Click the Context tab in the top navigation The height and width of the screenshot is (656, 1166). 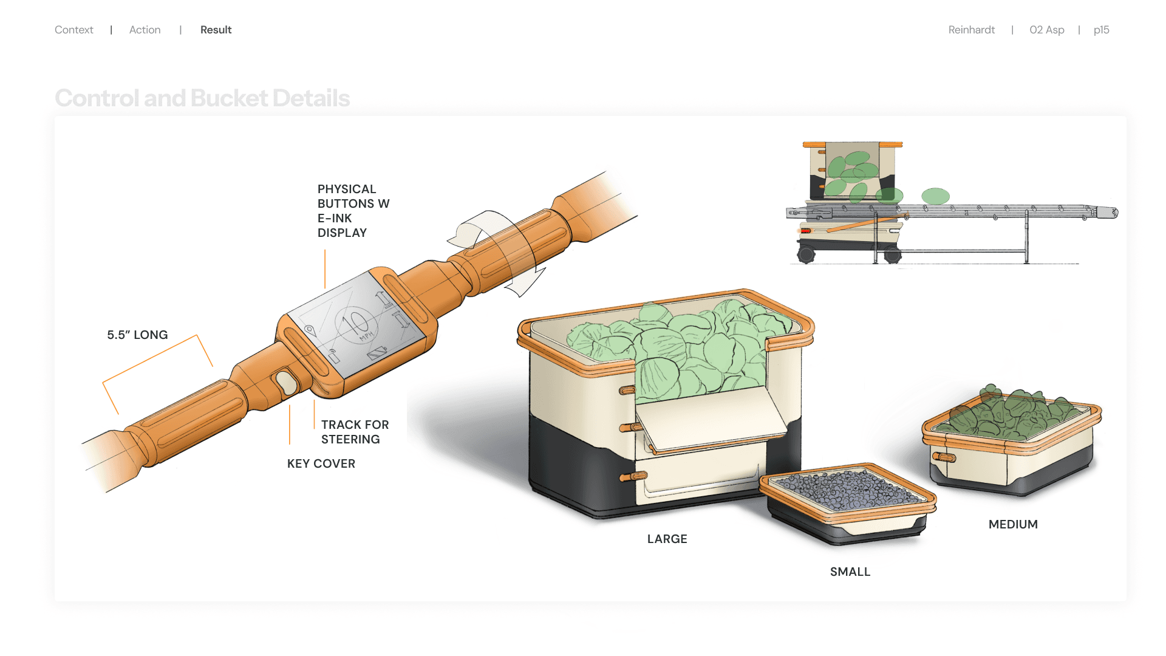(x=73, y=30)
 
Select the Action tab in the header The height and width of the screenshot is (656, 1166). (x=145, y=30)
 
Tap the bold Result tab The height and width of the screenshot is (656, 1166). (x=216, y=30)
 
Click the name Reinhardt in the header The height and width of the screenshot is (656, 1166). (x=971, y=30)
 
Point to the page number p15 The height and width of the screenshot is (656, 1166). (x=1101, y=30)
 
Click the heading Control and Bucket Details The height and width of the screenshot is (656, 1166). (x=202, y=98)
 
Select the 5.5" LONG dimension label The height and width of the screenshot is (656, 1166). (x=137, y=335)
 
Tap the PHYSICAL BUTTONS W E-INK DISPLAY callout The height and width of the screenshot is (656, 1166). (x=353, y=211)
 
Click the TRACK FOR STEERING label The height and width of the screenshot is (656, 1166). (x=355, y=432)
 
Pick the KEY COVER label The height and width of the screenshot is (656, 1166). (x=321, y=463)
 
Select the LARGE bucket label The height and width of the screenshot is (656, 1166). (x=667, y=539)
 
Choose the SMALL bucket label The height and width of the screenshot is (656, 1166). (x=850, y=572)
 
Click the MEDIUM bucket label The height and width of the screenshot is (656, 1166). (x=1012, y=524)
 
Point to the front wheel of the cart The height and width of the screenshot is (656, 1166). (x=806, y=255)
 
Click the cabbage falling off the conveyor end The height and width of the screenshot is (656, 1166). (x=935, y=196)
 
